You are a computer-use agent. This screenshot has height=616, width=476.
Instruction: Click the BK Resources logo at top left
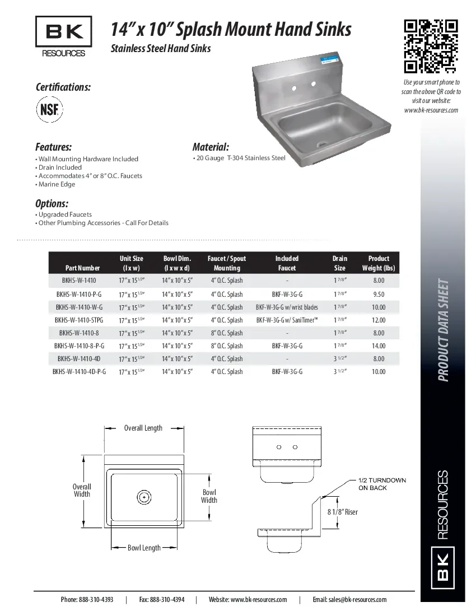[x=64, y=37]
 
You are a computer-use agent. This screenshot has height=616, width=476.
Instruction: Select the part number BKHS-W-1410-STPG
[x=78, y=320]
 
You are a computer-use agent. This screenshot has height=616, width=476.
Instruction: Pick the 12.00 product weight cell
[x=379, y=320]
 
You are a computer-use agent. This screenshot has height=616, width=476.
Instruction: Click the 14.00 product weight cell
[x=379, y=346]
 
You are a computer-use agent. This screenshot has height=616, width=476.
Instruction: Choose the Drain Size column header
[x=339, y=263]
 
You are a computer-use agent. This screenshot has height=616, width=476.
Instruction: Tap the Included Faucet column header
[x=287, y=263]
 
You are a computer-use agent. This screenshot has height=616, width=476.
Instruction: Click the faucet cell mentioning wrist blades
[x=287, y=307]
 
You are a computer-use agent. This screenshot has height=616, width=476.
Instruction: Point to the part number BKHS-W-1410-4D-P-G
[x=79, y=372]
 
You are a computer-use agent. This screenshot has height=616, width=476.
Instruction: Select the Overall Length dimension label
[x=143, y=428]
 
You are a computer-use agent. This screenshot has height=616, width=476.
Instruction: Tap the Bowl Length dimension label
[x=144, y=548]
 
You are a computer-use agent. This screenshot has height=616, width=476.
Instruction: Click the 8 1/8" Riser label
[x=342, y=512]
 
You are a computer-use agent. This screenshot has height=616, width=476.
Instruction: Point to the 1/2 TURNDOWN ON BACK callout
[x=382, y=484]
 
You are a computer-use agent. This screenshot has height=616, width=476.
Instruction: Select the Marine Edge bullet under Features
[x=57, y=184]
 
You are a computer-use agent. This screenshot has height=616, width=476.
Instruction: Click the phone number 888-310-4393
[x=87, y=600]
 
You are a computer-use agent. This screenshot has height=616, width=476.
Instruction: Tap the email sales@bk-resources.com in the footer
[x=349, y=600]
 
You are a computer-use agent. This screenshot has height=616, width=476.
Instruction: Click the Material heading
[x=211, y=147]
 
